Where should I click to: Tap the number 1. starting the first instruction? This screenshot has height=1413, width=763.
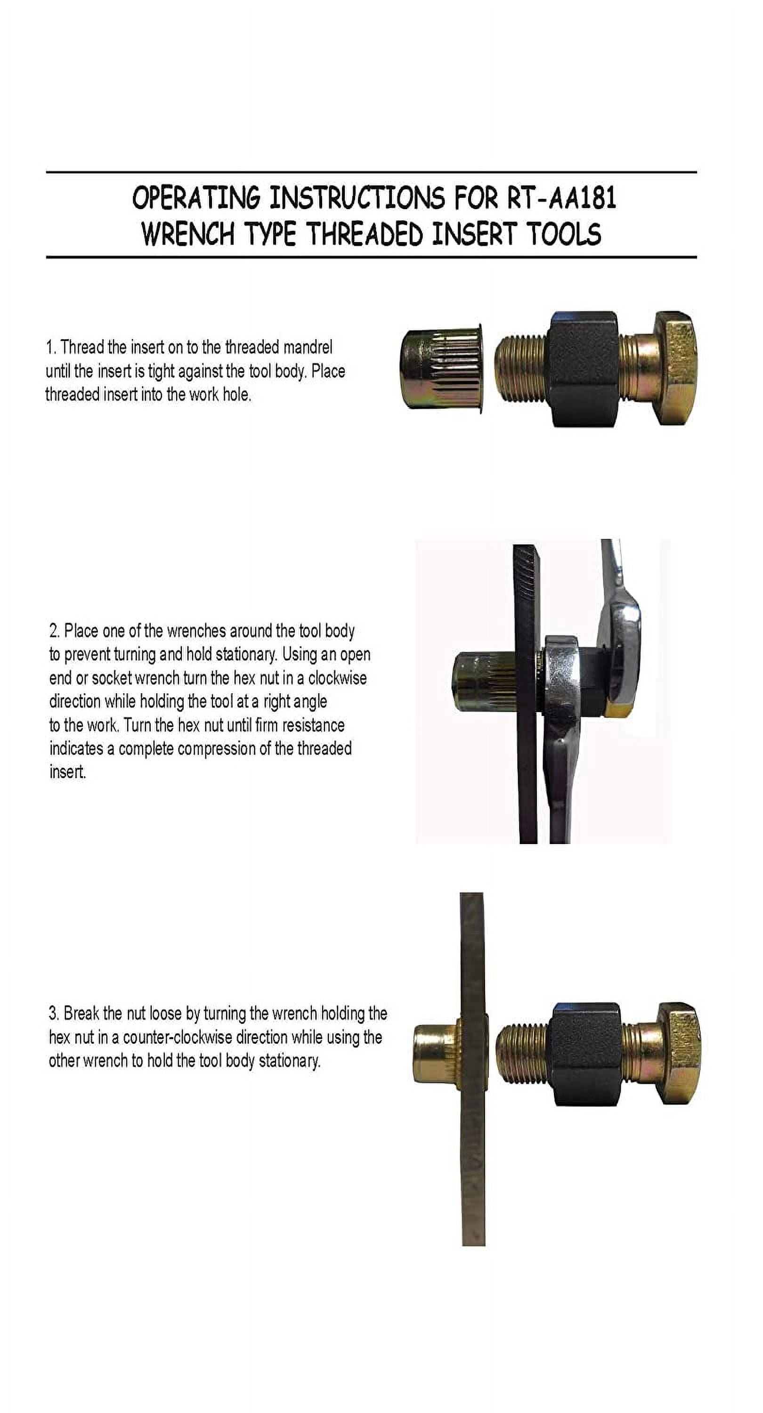(51, 348)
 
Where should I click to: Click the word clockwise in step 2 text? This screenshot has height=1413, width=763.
(337, 679)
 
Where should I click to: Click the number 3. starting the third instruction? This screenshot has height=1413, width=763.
(54, 1014)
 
